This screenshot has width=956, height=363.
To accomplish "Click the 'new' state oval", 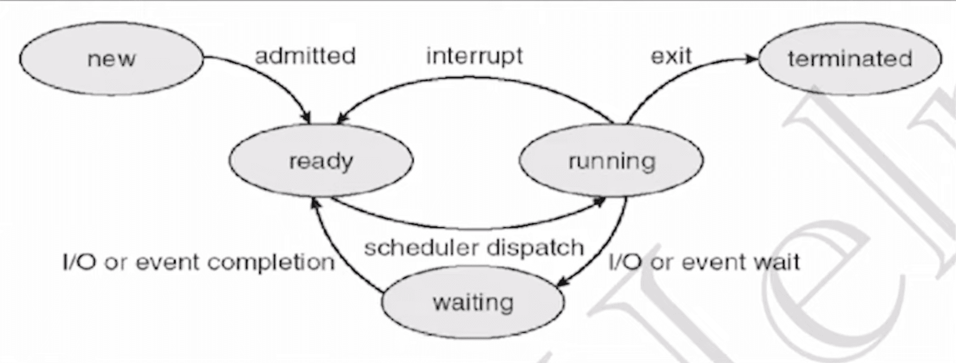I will [x=111, y=58].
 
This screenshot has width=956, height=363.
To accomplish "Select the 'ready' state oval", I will [x=321, y=161].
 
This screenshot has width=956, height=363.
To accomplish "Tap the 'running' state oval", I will [x=611, y=161].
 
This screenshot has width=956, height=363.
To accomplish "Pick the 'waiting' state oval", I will [x=473, y=302].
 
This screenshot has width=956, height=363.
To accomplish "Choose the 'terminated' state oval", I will [x=850, y=58].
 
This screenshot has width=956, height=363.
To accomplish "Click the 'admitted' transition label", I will [x=305, y=56].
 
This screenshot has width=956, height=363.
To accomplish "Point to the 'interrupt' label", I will [x=474, y=56].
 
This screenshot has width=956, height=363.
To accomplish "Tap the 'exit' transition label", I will [x=671, y=56].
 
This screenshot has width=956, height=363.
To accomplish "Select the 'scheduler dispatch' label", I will [x=474, y=248].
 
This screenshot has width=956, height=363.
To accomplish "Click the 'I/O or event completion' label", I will [x=199, y=262].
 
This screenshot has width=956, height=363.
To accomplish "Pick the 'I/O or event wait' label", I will [x=704, y=262].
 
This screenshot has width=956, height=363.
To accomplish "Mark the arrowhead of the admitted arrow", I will [x=306, y=118].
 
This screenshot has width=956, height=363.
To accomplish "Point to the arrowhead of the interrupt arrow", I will [x=342, y=118].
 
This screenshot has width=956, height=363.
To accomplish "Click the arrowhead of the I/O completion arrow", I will [x=315, y=203].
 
